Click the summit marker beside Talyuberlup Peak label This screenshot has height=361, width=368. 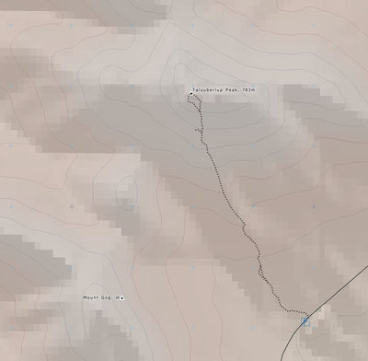tap(190, 93)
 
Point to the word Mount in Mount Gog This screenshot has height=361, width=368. tap(91, 297)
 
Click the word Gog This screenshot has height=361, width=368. tap(107, 297)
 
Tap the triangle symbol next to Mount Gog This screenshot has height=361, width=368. tap(122, 297)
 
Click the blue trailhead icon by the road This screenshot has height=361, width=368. tap(305, 320)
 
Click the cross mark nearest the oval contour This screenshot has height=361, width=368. tap(72, 206)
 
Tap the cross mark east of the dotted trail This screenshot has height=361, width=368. tap(313, 206)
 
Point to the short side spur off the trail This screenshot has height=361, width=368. tap(197, 131)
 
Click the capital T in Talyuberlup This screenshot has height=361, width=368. tap(194, 89)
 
